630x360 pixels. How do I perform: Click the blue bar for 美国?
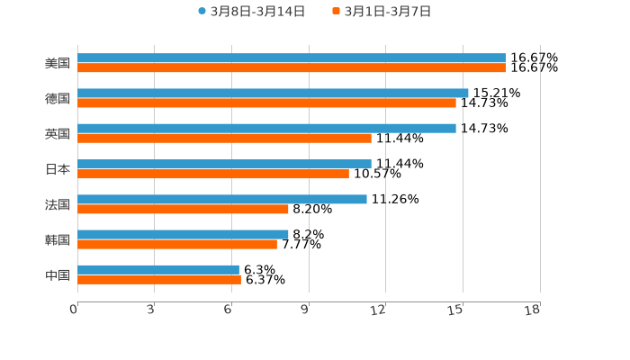click(x=292, y=58)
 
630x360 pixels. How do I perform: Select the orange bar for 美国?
click(x=292, y=67)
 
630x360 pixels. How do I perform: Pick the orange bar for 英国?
click(x=224, y=138)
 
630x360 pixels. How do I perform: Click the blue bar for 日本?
click(x=224, y=164)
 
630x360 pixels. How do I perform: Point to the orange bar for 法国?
click(x=183, y=209)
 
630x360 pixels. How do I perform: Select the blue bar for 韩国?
click(x=183, y=234)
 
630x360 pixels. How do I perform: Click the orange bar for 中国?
click(x=159, y=279)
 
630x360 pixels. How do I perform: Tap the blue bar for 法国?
click(x=222, y=199)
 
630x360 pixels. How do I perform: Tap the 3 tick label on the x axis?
click(x=150, y=310)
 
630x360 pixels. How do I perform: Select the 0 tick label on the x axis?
click(x=74, y=310)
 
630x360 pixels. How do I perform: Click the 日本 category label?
click(x=58, y=169)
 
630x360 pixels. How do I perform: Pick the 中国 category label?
click(x=58, y=274)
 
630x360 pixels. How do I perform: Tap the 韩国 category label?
click(x=58, y=239)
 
